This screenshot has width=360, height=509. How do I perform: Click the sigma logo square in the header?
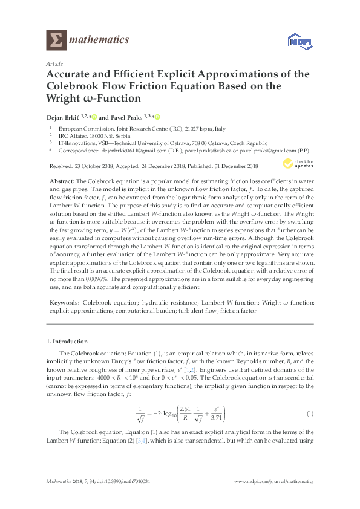coord(57,41)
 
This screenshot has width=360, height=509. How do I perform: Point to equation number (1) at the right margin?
coord(309,414)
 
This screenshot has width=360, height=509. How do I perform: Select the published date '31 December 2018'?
coord(232,166)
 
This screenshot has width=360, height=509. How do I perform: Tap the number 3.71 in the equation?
coord(216,418)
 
